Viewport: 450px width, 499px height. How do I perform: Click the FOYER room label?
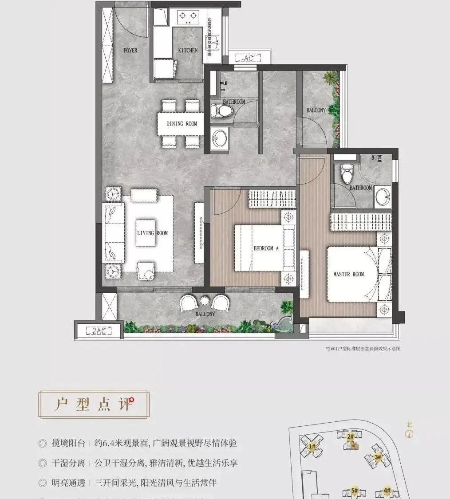click(130, 51)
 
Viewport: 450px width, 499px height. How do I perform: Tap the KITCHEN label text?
click(188, 51)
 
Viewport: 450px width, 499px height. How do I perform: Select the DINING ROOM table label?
click(182, 124)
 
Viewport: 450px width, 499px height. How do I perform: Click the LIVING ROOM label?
click(152, 233)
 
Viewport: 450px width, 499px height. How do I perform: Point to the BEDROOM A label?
click(266, 248)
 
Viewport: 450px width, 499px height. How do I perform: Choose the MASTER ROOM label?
click(348, 274)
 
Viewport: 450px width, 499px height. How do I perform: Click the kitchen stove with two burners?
click(188, 17)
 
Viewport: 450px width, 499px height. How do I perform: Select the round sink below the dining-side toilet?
click(219, 138)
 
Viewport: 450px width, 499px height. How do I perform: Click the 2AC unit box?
click(99, 330)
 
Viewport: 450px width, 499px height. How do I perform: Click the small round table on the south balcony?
click(204, 301)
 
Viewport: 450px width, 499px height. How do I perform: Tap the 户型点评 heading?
click(94, 405)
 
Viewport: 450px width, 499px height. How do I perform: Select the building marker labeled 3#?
click(378, 457)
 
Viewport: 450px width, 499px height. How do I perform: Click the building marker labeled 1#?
click(312, 446)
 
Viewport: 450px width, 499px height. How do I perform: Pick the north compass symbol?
click(409, 433)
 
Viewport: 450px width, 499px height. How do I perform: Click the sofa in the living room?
click(113, 233)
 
